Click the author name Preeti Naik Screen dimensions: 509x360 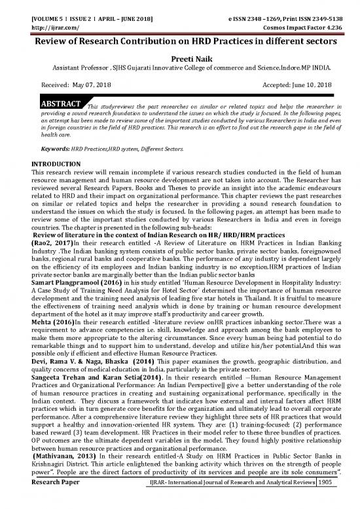[x=179, y=56]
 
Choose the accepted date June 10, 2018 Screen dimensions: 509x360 [x=307, y=85]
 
